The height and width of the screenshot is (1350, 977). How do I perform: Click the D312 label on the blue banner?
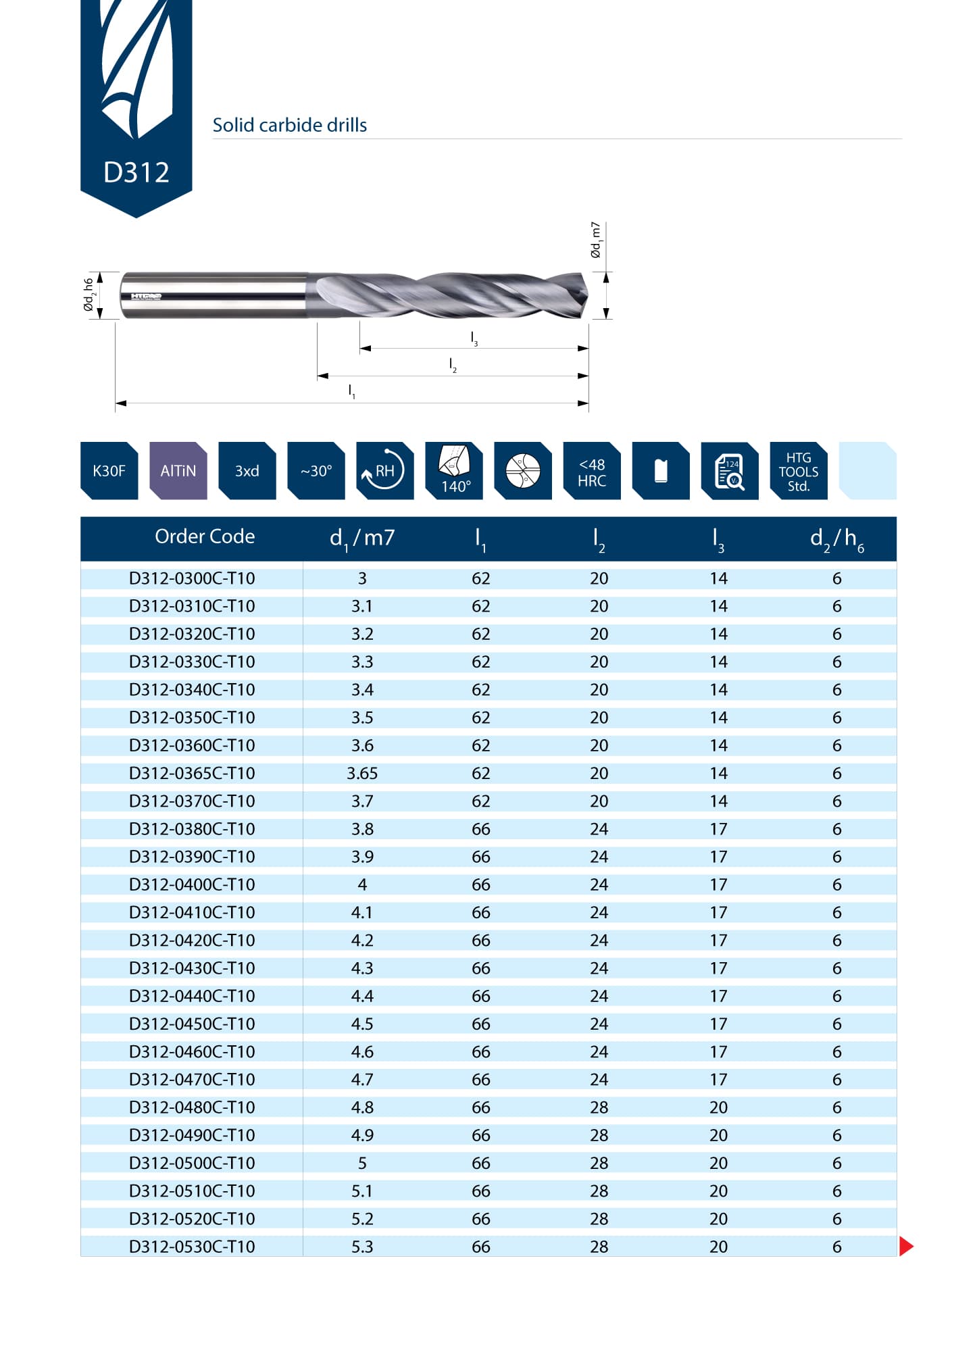pos(136,172)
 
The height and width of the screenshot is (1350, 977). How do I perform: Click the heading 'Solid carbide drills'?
pos(289,125)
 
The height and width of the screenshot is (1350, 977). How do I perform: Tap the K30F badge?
pos(109,471)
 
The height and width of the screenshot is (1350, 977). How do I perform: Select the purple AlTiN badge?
pos(178,471)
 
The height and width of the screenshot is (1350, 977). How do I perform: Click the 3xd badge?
pos(247,471)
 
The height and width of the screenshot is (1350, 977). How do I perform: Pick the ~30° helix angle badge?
pos(316,471)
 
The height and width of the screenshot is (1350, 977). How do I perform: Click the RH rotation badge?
pos(384,471)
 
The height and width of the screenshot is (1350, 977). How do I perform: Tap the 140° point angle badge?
pos(454,471)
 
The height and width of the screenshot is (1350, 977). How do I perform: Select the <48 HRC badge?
pos(591,472)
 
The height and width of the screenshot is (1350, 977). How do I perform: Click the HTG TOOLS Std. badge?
pos(798,472)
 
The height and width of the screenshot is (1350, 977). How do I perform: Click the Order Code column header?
pos(205,536)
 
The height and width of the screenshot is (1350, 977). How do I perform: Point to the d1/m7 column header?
pos(362,538)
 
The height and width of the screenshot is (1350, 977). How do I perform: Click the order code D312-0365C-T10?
pos(192,773)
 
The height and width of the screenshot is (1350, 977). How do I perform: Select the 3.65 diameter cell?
pos(362,773)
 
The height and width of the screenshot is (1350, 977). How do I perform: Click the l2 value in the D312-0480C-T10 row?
pos(599,1107)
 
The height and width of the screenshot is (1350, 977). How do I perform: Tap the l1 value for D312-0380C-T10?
pos(480,829)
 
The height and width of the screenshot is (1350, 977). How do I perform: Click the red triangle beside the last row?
pos(906,1246)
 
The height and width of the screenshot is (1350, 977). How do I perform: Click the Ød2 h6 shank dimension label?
pos(89,295)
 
